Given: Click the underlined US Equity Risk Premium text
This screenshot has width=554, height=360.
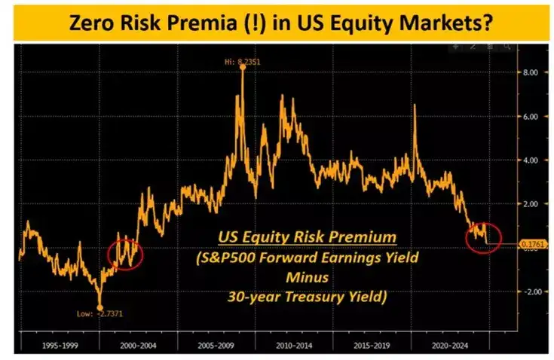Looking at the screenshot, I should tap(307, 238).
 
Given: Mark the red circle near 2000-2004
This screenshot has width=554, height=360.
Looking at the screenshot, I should tap(124, 252).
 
